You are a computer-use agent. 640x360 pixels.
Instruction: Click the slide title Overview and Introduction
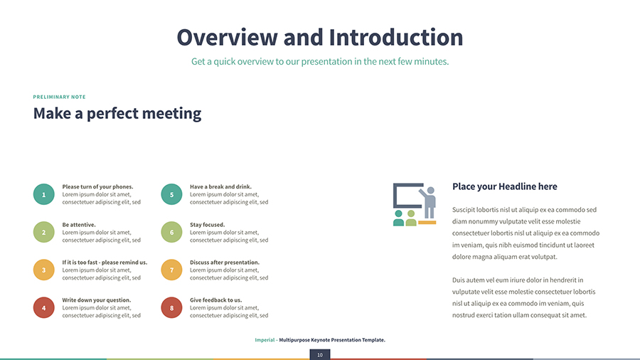pyautogui.click(x=319, y=37)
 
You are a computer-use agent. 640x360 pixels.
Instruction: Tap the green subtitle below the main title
pyautogui.click(x=319, y=62)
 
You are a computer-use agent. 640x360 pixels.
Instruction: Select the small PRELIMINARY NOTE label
pyautogui.click(x=59, y=97)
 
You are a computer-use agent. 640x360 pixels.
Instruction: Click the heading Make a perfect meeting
pyautogui.click(x=117, y=113)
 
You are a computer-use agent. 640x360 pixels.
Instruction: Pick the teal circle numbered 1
pyautogui.click(x=43, y=194)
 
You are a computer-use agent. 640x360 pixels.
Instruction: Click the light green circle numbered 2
pyautogui.click(x=43, y=232)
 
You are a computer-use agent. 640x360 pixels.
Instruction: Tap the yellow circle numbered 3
pyautogui.click(x=43, y=270)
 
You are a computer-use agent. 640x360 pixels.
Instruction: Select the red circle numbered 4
pyautogui.click(x=43, y=307)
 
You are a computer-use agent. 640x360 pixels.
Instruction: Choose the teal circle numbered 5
pyautogui.click(x=171, y=194)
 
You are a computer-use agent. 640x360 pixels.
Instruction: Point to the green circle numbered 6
pyautogui.click(x=171, y=232)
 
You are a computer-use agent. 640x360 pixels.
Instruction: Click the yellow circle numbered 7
pyautogui.click(x=171, y=270)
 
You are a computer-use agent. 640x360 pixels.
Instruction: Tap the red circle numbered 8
pyautogui.click(x=171, y=307)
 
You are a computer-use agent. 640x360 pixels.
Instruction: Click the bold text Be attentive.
pyautogui.click(x=80, y=225)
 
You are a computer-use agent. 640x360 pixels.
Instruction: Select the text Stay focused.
pyautogui.click(x=207, y=225)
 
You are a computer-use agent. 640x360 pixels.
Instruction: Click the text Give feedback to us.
pyautogui.click(x=215, y=300)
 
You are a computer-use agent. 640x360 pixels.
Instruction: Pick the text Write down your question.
pyautogui.click(x=97, y=300)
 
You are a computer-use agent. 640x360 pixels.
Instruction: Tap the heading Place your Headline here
pyautogui.click(x=504, y=186)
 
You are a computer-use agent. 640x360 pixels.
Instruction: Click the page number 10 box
pyautogui.click(x=320, y=354)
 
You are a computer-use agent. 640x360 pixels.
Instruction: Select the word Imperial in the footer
pyautogui.click(x=265, y=340)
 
